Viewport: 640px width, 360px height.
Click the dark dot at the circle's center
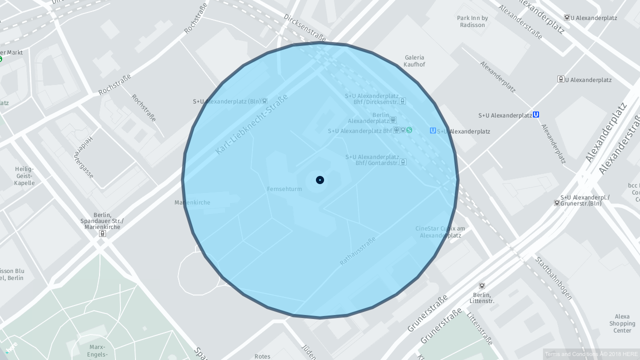tap(320, 180)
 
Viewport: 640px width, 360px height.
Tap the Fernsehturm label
tap(284, 189)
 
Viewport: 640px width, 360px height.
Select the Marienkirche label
tap(192, 202)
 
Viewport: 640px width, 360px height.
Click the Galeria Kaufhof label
tap(414, 61)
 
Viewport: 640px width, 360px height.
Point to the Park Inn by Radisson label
tap(472, 21)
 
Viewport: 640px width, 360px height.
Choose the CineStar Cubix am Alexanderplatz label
tap(440, 232)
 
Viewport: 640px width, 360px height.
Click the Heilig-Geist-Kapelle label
tap(24, 176)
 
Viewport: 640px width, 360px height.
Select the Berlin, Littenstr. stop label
tap(482, 298)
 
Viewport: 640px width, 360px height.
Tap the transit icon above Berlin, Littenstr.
tap(482, 286)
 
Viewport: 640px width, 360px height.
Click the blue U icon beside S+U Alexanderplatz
tap(536, 114)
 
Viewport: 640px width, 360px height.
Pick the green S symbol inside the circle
tap(409, 130)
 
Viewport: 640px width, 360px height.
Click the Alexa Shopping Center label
tap(622, 323)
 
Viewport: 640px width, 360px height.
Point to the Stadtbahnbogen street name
tap(553, 278)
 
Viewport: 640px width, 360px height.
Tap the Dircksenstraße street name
tap(304, 27)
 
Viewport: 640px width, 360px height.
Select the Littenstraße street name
tap(480, 328)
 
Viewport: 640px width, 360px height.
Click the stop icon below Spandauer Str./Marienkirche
tap(102, 233)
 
